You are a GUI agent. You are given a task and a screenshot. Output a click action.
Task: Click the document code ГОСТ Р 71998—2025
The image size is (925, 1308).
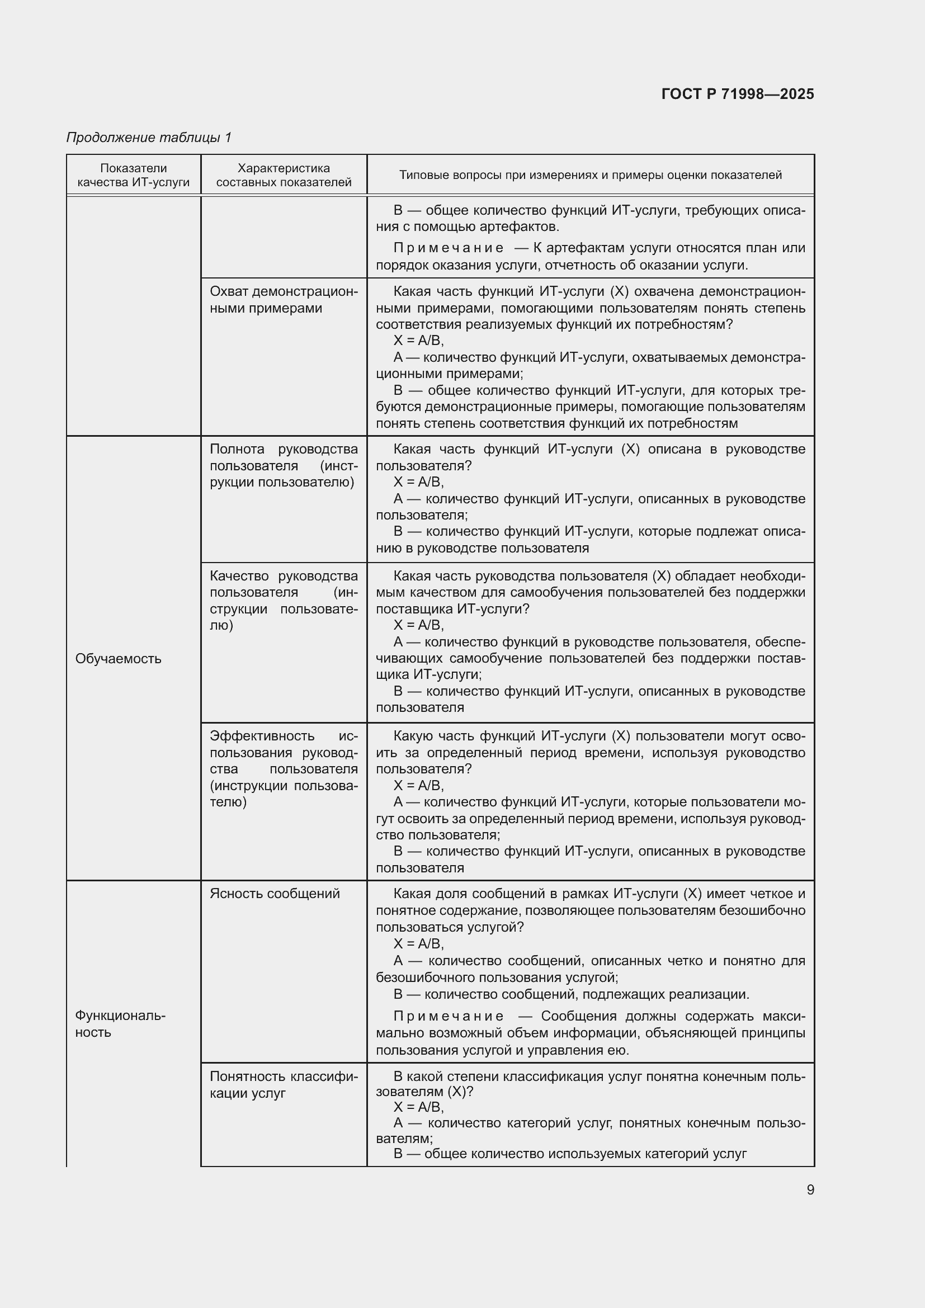pyautogui.click(x=737, y=94)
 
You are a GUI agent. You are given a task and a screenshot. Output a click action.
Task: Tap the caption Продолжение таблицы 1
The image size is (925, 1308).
pyautogui.click(x=149, y=138)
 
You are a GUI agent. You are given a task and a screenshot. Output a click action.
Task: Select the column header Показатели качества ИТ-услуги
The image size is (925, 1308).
pyautogui.click(x=133, y=175)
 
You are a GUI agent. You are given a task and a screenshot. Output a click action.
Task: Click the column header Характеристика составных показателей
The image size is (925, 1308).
pyautogui.click(x=284, y=175)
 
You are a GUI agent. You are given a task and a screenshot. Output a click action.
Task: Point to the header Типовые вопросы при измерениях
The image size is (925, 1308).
pyautogui.click(x=590, y=175)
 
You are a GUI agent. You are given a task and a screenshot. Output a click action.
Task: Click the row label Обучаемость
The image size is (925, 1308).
pyautogui.click(x=119, y=659)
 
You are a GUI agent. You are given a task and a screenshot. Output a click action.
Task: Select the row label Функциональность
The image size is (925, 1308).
pyautogui.click(x=120, y=1024)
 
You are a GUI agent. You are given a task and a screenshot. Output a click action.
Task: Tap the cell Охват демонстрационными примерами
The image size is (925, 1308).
pyautogui.click(x=284, y=300)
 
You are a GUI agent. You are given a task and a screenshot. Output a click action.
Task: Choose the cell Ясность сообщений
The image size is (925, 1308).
pyautogui.click(x=275, y=893)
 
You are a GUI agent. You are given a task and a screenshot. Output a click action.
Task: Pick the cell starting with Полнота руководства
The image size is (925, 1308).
pyautogui.click(x=284, y=465)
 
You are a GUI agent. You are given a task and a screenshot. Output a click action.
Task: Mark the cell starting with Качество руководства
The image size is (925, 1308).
pyautogui.click(x=284, y=601)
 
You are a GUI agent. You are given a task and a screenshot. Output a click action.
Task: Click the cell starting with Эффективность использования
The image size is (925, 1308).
pyautogui.click(x=284, y=768)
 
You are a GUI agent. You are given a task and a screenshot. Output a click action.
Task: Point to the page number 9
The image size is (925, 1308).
pyautogui.click(x=810, y=1189)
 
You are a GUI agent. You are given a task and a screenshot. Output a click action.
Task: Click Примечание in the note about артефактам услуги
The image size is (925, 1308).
pyautogui.click(x=449, y=248)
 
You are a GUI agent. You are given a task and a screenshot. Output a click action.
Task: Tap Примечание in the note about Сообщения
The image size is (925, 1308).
pyautogui.click(x=449, y=1016)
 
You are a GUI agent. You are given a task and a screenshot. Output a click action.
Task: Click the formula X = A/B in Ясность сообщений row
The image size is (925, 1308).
pyautogui.click(x=418, y=943)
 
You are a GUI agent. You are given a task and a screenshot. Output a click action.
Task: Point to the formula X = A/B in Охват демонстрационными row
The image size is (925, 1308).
pyautogui.click(x=418, y=341)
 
